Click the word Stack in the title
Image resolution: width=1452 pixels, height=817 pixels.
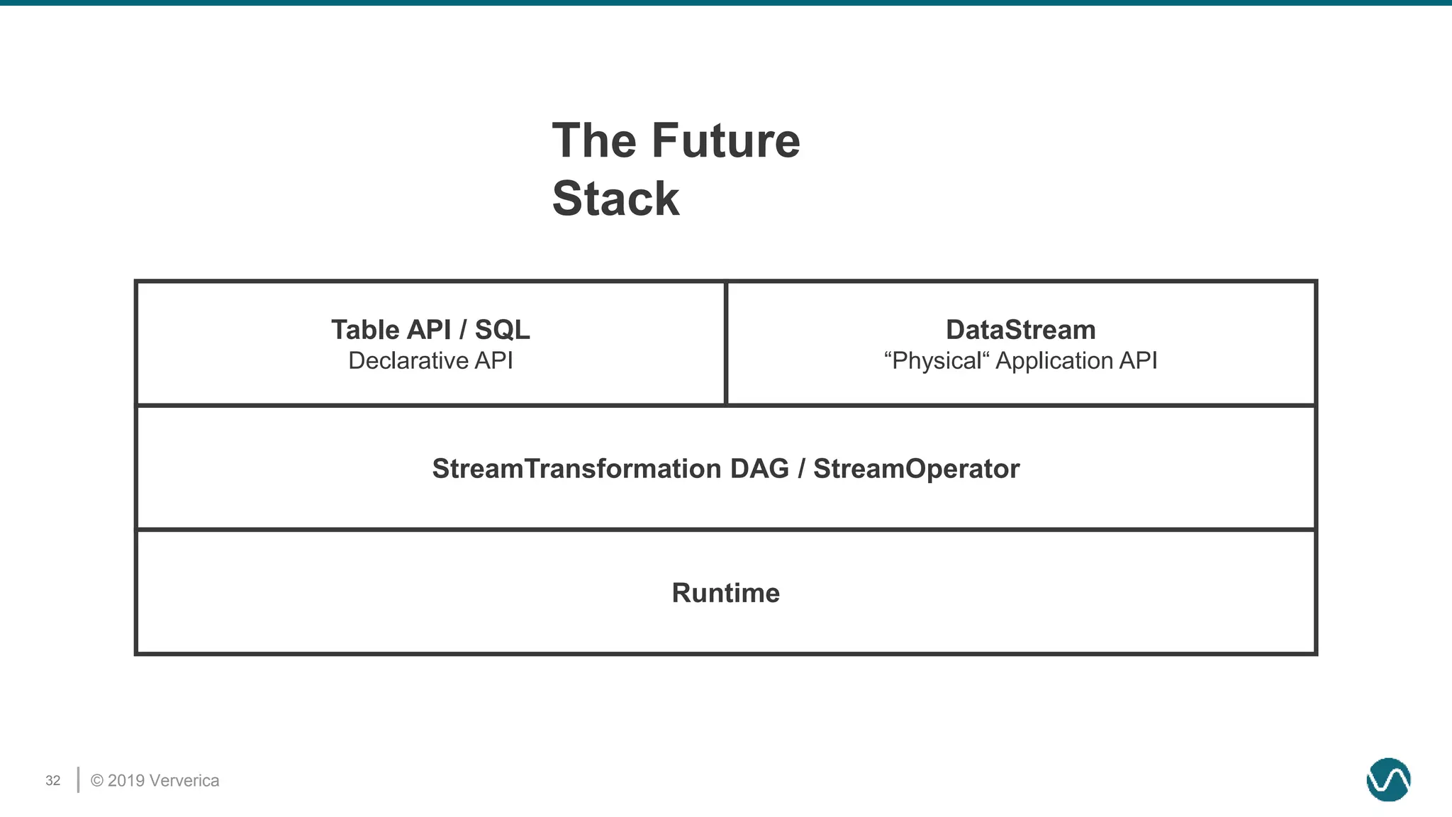click(615, 199)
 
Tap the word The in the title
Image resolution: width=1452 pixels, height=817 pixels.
click(594, 140)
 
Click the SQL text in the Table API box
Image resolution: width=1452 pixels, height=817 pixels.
click(502, 330)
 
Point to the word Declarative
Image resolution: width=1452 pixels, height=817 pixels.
click(408, 360)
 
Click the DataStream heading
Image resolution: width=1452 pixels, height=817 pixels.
click(1020, 330)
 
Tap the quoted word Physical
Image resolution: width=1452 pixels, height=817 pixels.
click(936, 360)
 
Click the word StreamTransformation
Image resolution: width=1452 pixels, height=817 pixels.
click(576, 469)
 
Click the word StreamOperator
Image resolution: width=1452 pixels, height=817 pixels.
click(916, 469)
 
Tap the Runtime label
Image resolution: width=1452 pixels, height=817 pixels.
click(725, 593)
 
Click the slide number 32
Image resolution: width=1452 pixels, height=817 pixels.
click(53, 781)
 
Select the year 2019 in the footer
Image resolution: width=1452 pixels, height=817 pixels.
click(127, 781)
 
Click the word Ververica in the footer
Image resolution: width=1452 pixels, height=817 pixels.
click(185, 781)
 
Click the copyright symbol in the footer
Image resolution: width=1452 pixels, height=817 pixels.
click(97, 781)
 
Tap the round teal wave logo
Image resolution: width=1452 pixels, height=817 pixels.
click(1388, 779)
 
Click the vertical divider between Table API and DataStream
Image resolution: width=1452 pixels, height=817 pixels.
click(726, 343)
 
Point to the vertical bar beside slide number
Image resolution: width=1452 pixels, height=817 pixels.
click(78, 779)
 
